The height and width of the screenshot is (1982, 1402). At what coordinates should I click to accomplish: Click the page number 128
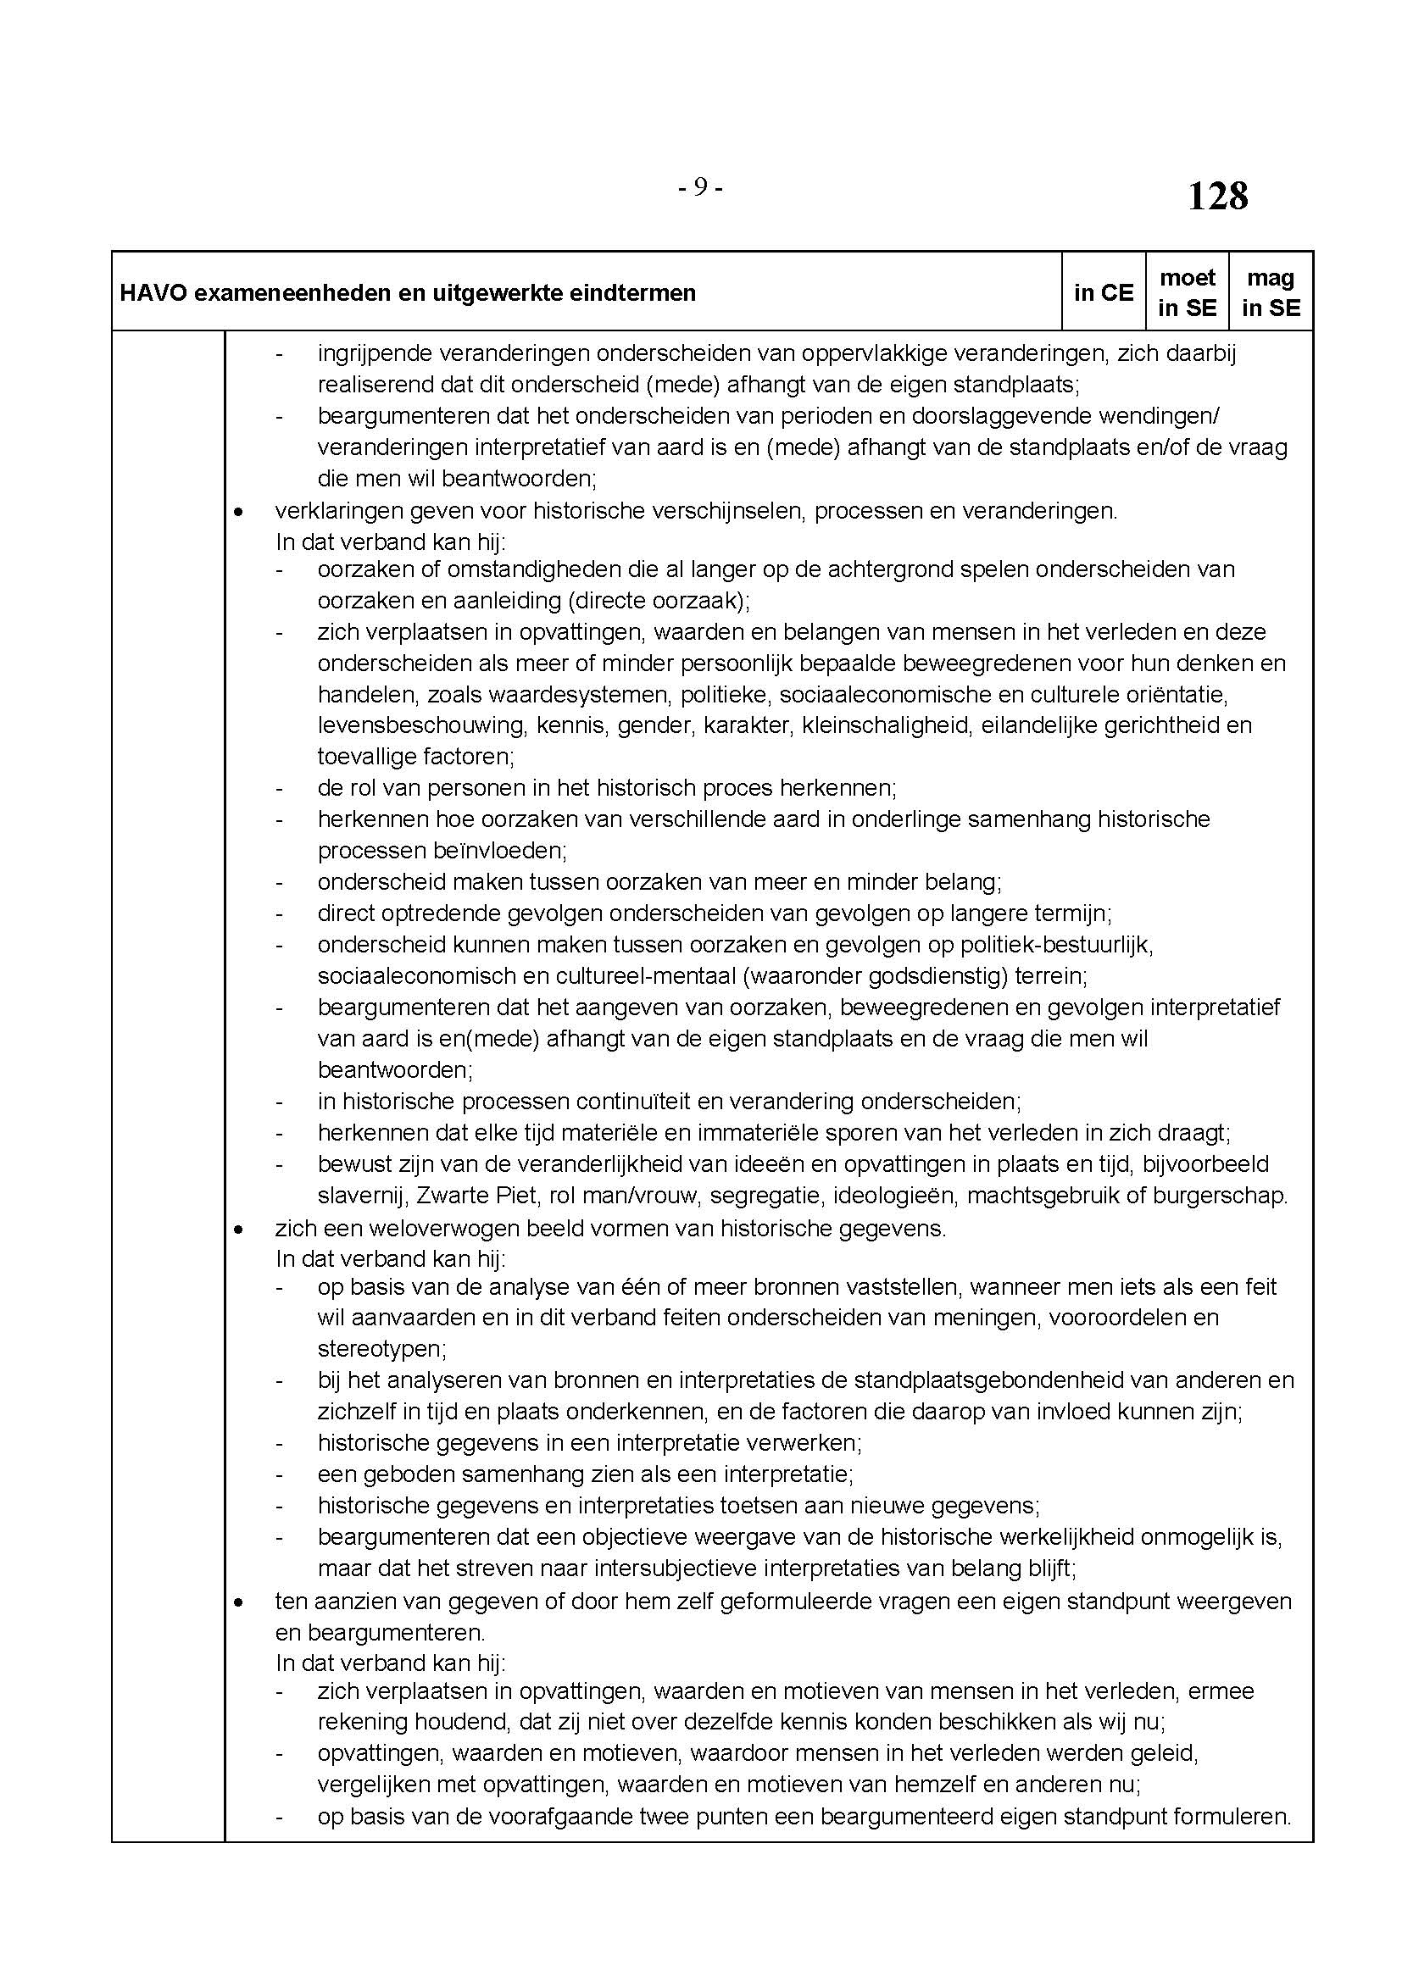click(1217, 196)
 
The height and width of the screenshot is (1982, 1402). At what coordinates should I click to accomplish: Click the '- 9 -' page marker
click(700, 186)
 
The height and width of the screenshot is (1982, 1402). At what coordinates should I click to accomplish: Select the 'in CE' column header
click(1104, 292)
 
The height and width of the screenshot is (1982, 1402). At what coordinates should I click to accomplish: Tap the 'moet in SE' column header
click(1187, 292)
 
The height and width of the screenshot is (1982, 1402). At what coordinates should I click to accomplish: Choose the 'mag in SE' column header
click(1271, 292)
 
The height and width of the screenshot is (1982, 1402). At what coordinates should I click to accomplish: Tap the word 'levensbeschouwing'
click(421, 725)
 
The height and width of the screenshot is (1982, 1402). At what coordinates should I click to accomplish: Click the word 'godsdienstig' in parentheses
click(921, 976)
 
